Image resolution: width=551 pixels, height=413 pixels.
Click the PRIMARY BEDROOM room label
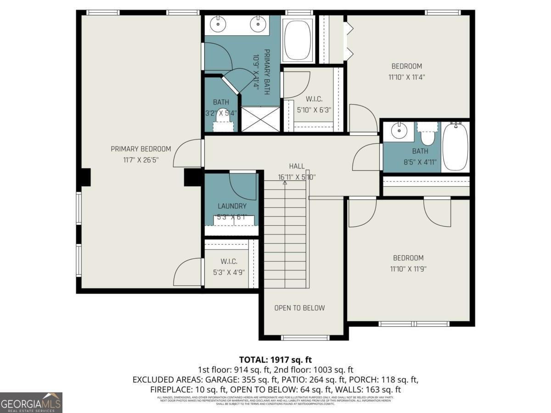tap(141, 149)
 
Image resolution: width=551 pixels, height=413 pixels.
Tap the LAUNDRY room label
tap(232, 206)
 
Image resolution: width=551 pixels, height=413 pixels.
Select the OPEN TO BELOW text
tap(299, 308)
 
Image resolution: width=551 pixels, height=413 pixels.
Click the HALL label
tap(297, 166)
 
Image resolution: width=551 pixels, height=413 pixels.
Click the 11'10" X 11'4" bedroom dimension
tap(406, 77)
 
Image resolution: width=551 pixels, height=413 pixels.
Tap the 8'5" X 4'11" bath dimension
tap(420, 162)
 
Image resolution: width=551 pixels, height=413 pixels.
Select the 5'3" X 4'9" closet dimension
tap(229, 272)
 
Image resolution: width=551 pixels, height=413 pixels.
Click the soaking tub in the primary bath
tap(298, 40)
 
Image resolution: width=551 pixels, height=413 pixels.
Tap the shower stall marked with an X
tap(260, 119)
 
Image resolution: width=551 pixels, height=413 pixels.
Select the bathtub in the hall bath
tap(455, 146)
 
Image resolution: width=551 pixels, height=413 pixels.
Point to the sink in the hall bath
tap(399, 131)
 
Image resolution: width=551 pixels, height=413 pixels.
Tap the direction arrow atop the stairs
tap(285, 183)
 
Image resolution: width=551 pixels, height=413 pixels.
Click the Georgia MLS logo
tap(31, 402)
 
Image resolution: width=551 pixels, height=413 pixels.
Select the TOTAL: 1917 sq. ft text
tap(275, 360)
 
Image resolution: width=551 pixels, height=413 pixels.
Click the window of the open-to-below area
tap(305, 338)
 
